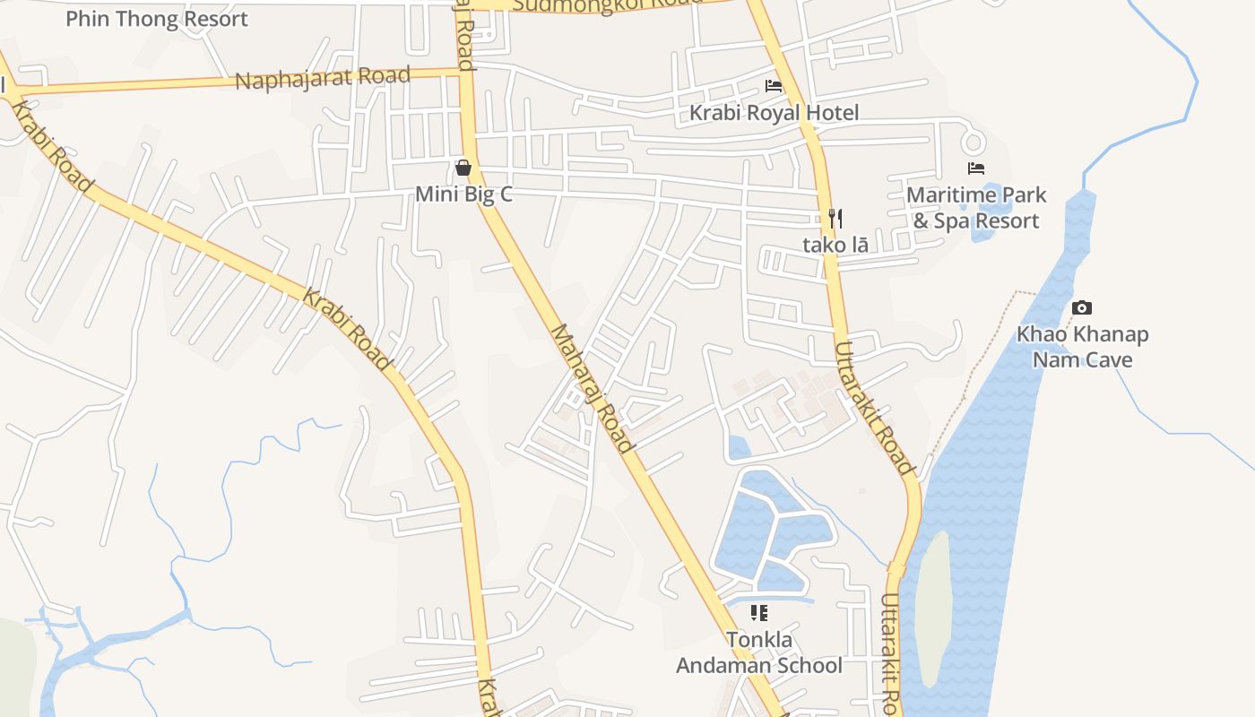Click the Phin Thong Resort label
pos(156,18)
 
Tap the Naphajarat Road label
pos(323,77)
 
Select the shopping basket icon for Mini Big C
pos(463,168)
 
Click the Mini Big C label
pos(463,194)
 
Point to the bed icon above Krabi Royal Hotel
pos(774,86)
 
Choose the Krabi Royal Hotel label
pos(774,112)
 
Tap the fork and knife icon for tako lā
pos(835,218)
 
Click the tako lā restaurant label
pos(835,244)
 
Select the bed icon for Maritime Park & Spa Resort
pos(976,168)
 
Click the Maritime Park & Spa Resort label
pos(976,207)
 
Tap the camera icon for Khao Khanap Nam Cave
pos(1082,308)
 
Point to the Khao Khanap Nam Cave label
pos(1082,347)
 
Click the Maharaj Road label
pos(592,387)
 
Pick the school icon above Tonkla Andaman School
pos(759,613)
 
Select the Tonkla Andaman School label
pos(759,652)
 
